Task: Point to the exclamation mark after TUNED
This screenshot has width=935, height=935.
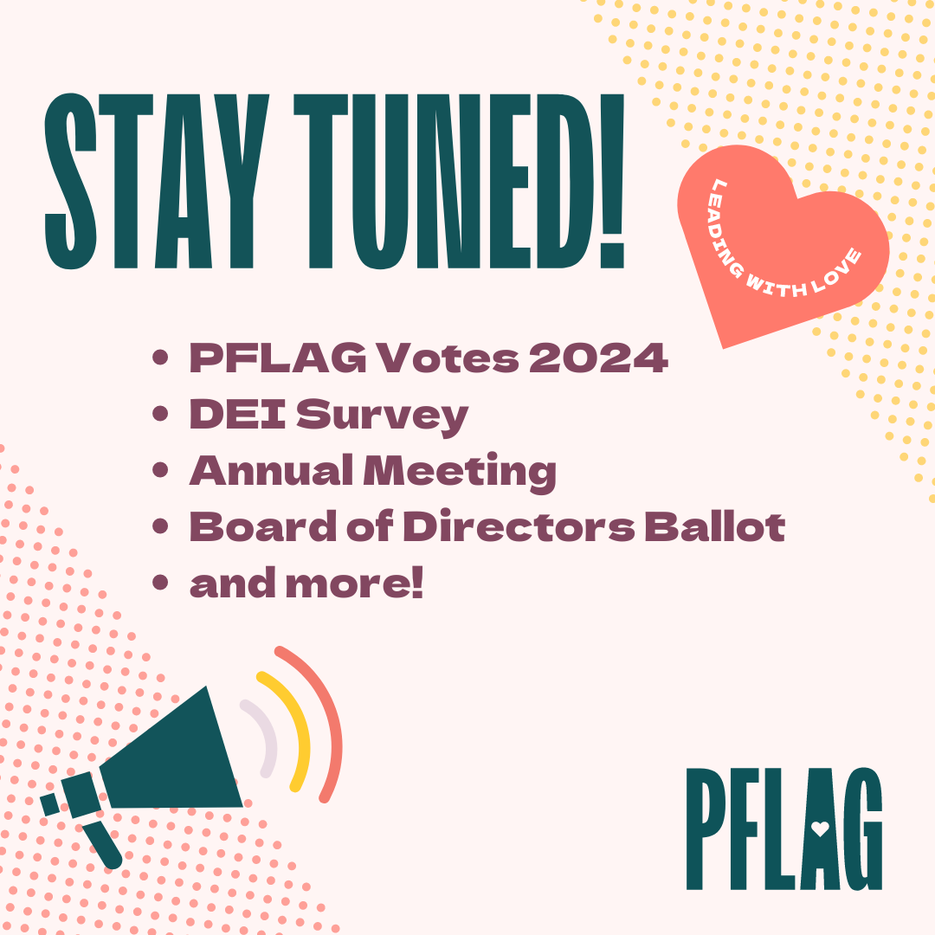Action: point(612,181)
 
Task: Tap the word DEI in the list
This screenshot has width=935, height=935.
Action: point(237,414)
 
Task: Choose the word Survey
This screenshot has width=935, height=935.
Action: point(383,417)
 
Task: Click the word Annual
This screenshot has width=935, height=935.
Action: point(271,470)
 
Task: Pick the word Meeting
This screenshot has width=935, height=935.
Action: point(460,473)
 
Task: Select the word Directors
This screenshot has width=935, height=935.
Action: point(519,527)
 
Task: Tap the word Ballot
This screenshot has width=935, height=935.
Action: point(715,527)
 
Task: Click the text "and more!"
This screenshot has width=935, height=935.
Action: point(306,584)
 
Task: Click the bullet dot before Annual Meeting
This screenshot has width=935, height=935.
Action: point(160,469)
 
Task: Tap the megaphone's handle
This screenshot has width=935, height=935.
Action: point(102,844)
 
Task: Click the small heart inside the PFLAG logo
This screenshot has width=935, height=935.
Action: point(821,829)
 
